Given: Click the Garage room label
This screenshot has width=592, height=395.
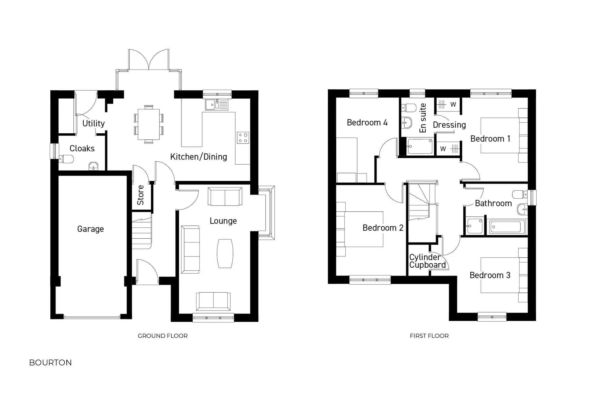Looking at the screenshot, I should pyautogui.click(x=90, y=229).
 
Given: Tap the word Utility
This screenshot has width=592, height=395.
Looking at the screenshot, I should pyautogui.click(x=94, y=123).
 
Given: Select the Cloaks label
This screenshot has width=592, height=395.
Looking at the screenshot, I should pyautogui.click(x=82, y=148).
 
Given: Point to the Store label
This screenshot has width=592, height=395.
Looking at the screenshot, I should pyautogui.click(x=141, y=195).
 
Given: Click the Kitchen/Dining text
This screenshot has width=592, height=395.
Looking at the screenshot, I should pyautogui.click(x=199, y=157).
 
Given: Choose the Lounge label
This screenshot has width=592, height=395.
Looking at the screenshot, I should pyautogui.click(x=223, y=221).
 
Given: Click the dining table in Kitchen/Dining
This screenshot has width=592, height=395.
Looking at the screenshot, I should pyautogui.click(x=149, y=124).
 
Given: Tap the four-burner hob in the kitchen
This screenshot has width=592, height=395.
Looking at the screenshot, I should pyautogui.click(x=243, y=138).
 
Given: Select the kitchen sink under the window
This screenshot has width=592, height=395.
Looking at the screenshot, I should pyautogui.click(x=217, y=105).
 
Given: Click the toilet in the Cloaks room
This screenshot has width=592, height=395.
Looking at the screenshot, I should pyautogui.click(x=67, y=159).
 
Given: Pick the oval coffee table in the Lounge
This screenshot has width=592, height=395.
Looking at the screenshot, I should pyautogui.click(x=225, y=253).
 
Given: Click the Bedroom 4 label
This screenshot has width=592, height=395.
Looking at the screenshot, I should pyautogui.click(x=367, y=123).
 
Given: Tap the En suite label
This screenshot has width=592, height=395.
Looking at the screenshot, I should pyautogui.click(x=423, y=118).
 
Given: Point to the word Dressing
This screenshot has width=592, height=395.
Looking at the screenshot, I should pyautogui.click(x=449, y=125).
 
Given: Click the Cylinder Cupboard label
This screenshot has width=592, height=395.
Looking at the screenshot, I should pyautogui.click(x=427, y=261).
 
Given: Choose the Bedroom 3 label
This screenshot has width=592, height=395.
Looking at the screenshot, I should pyautogui.click(x=490, y=275).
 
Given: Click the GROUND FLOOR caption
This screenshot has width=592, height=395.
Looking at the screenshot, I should pyautogui.click(x=163, y=336).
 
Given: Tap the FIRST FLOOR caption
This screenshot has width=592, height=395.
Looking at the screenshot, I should pyautogui.click(x=429, y=336).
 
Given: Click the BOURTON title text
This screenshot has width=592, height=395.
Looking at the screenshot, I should pyautogui.click(x=50, y=363).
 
